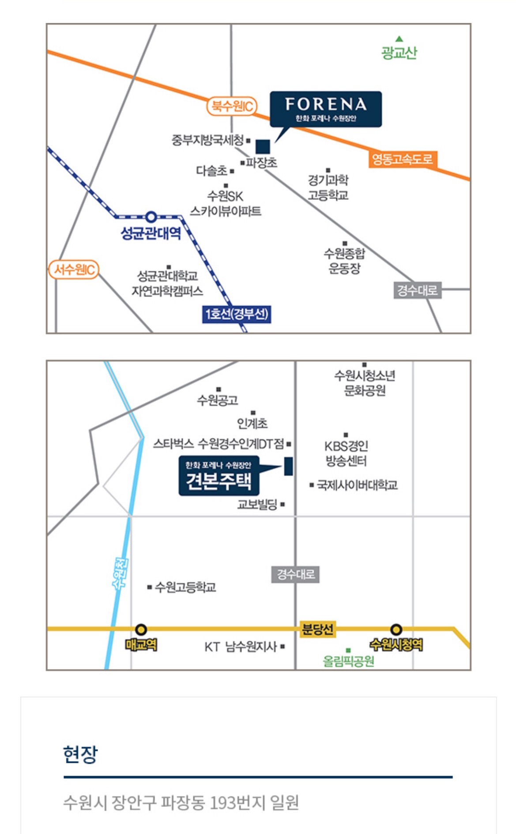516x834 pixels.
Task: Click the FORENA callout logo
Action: (x=326, y=109)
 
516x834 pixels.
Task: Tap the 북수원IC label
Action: (x=232, y=106)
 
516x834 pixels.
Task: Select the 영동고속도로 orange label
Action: (x=402, y=159)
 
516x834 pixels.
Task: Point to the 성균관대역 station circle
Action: (x=151, y=217)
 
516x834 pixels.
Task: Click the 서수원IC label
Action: (x=74, y=269)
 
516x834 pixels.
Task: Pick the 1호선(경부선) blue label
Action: (x=237, y=314)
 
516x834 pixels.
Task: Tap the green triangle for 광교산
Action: (x=399, y=39)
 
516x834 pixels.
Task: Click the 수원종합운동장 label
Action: (x=345, y=260)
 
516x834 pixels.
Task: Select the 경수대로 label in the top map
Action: (x=417, y=290)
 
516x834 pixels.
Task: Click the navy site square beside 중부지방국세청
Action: (x=263, y=147)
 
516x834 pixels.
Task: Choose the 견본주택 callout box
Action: (x=218, y=476)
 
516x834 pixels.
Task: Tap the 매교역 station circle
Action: (x=141, y=629)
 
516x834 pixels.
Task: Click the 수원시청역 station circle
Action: (x=396, y=629)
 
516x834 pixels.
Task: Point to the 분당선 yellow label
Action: (x=317, y=629)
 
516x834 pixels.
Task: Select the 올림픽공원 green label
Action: (x=349, y=661)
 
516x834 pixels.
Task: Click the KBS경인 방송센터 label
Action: (x=346, y=453)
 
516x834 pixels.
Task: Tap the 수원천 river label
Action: (x=121, y=573)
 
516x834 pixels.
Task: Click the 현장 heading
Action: (x=80, y=754)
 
